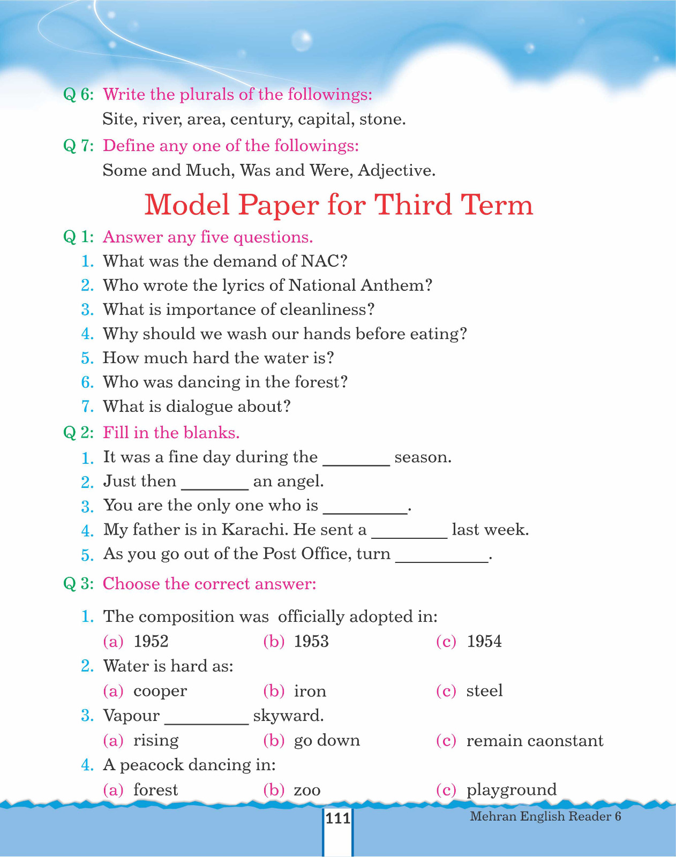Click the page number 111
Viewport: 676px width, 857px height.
click(x=337, y=818)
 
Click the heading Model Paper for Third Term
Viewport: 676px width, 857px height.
click(x=339, y=205)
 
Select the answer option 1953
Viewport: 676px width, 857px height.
click(x=311, y=641)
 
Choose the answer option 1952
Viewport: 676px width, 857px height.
click(x=151, y=641)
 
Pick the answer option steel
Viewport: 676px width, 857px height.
click(x=484, y=691)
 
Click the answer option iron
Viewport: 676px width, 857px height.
click(x=310, y=691)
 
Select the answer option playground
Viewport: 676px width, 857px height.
click(x=511, y=790)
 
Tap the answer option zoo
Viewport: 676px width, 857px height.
click(x=307, y=790)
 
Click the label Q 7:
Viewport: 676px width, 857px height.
click(x=78, y=146)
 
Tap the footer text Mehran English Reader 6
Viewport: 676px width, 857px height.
click(x=545, y=816)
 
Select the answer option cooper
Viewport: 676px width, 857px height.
click(x=160, y=691)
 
